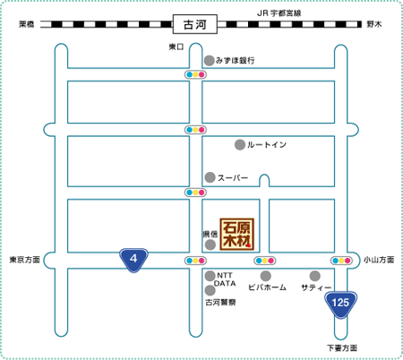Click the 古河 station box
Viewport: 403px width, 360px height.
click(195, 24)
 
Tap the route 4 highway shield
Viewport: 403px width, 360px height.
click(133, 260)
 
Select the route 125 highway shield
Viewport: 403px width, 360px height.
click(340, 304)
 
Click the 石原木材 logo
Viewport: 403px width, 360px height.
click(237, 234)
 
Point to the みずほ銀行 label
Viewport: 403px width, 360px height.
click(236, 61)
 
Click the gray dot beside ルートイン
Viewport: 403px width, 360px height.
click(240, 145)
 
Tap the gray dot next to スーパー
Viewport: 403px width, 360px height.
click(210, 177)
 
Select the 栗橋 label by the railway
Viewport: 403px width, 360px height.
click(27, 24)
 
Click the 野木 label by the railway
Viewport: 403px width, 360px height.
click(374, 24)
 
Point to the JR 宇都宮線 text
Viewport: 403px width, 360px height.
click(279, 13)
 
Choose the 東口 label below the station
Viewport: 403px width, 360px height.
click(176, 47)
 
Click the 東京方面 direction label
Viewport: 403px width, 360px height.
click(25, 260)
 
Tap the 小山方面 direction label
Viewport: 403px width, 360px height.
click(379, 260)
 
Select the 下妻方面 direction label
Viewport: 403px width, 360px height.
click(342, 348)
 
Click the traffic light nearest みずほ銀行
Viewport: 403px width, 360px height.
click(195, 74)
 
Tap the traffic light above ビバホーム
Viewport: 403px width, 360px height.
click(265, 261)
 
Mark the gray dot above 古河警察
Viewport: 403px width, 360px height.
click(210, 290)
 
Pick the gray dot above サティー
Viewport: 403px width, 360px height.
click(314, 276)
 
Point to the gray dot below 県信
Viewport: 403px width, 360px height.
click(210, 245)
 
